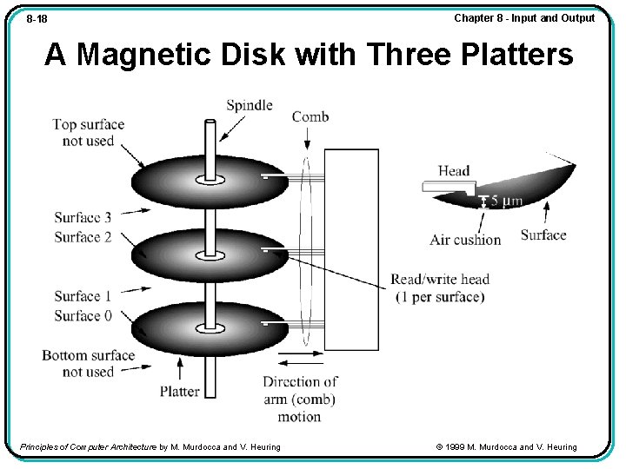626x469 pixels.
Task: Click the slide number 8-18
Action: pos(37,19)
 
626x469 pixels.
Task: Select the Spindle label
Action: pos(250,106)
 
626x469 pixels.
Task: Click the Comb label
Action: pos(310,117)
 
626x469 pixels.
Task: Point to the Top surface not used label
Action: pos(88,132)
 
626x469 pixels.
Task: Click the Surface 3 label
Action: pos(83,218)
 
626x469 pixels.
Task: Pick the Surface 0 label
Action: pos(83,315)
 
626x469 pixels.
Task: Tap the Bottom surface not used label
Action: pos(88,363)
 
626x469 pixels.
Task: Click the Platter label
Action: pos(180,392)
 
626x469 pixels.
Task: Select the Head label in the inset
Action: pos(454,171)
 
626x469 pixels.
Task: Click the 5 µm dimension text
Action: pos(507,201)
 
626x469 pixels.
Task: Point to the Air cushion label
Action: pos(465,240)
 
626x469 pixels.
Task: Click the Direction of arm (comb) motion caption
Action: pos(300,400)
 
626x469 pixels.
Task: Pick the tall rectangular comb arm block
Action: pos(351,249)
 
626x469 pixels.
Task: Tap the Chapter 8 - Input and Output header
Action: pos(524,18)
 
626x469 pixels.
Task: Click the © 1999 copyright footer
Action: pos(506,447)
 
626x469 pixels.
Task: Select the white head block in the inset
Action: pos(446,186)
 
